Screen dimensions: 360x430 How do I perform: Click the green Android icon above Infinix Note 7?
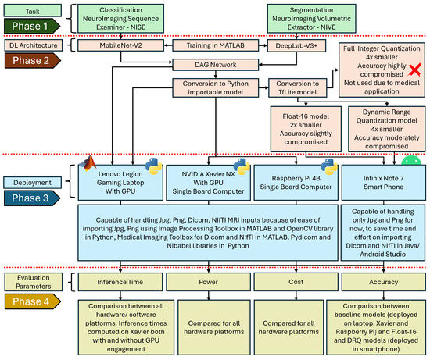coord(410,162)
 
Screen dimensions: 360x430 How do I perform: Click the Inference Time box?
coord(120,280)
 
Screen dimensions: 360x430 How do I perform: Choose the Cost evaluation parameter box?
coord(292,280)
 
